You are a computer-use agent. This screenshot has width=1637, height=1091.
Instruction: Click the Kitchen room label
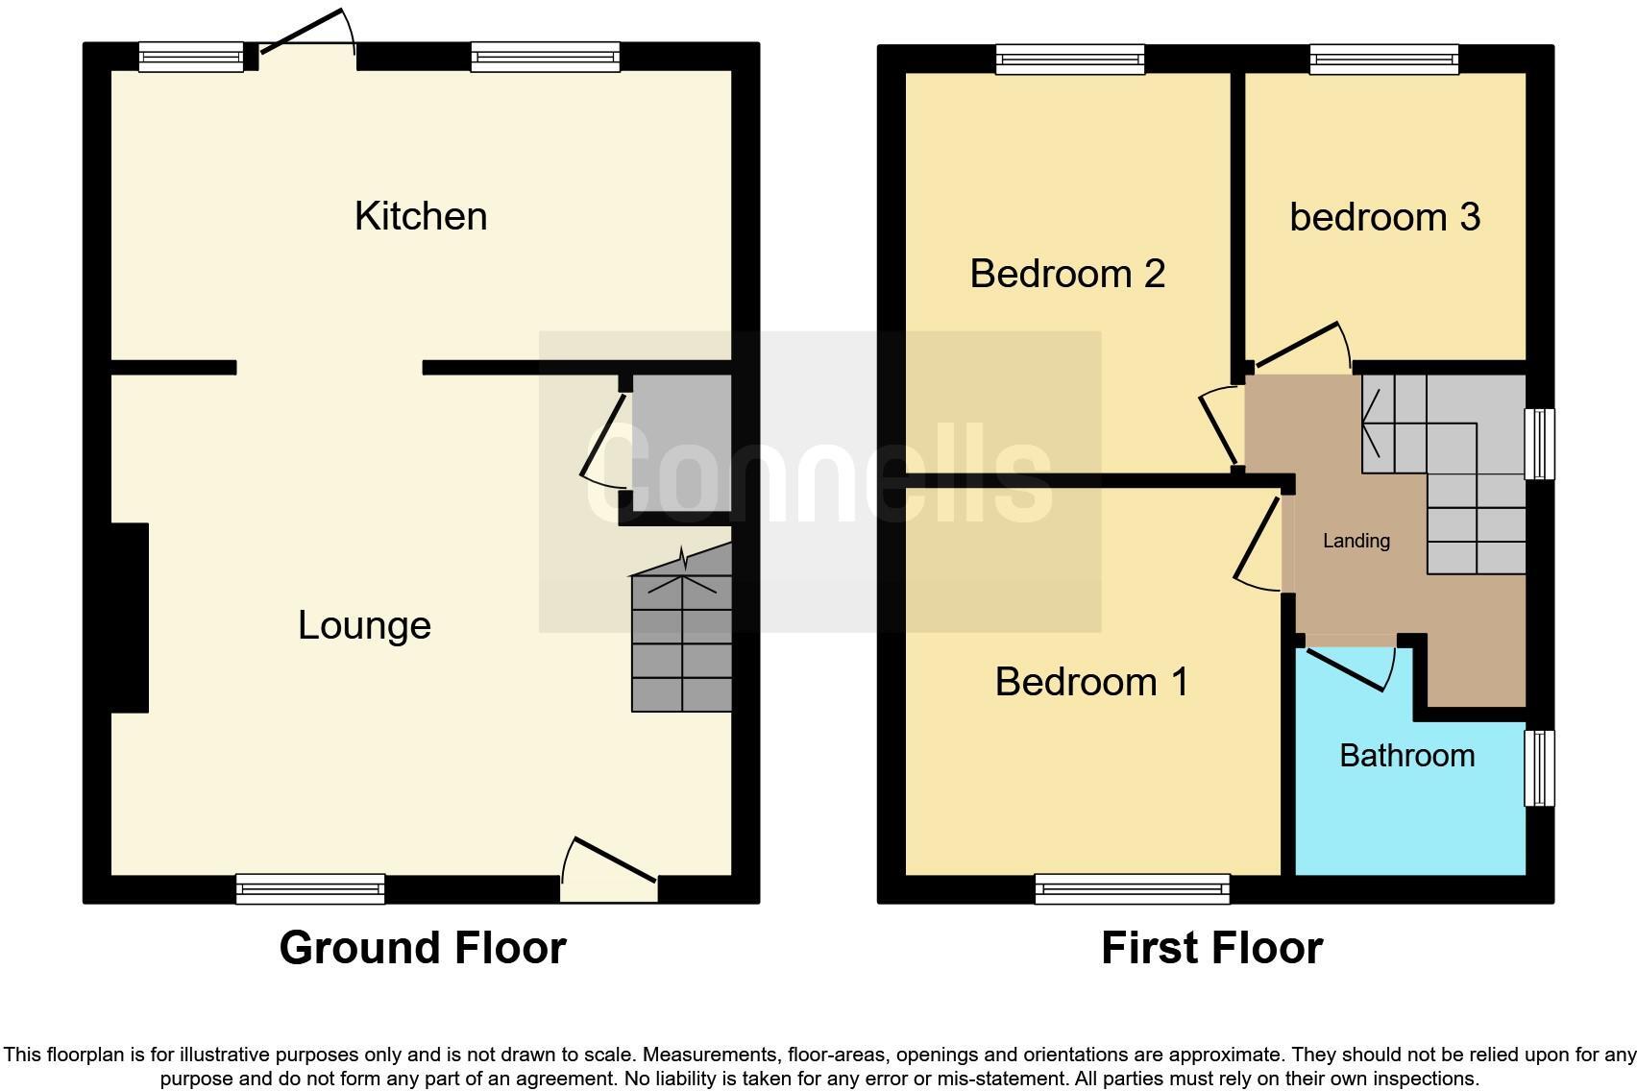click(x=421, y=216)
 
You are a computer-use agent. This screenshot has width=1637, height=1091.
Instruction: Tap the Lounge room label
click(x=364, y=625)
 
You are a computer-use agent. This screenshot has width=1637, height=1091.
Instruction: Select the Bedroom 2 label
click(x=1067, y=274)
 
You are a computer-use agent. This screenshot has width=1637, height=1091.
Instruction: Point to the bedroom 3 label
click(x=1384, y=217)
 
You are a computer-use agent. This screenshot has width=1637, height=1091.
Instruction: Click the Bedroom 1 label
click(x=1091, y=682)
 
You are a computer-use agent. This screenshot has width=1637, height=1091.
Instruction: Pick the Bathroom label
click(x=1406, y=756)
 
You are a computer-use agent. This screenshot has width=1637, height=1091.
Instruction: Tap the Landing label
click(x=1356, y=541)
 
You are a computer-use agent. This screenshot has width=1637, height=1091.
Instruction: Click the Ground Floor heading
click(x=423, y=948)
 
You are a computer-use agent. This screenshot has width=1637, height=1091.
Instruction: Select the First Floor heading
click(x=1211, y=948)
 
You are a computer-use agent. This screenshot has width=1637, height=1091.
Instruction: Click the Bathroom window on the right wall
click(x=1539, y=767)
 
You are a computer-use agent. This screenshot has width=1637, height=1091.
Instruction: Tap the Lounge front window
click(x=310, y=889)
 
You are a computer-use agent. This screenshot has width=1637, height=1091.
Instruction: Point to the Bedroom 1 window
click(x=1132, y=889)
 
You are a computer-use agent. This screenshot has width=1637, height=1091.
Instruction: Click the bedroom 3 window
click(x=1384, y=59)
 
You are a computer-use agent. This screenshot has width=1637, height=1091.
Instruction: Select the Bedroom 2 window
click(x=1070, y=59)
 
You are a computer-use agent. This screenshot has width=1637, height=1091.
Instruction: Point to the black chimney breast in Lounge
click(x=129, y=618)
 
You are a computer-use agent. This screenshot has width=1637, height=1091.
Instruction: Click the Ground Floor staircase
click(x=681, y=639)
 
